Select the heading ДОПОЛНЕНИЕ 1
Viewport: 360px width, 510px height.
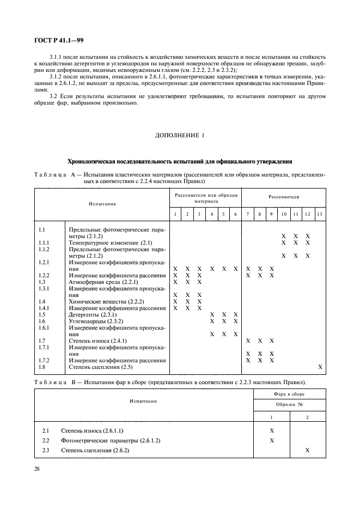[x=180, y=136]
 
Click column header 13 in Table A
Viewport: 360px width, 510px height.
[x=319, y=214]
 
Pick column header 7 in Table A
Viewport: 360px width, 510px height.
[x=248, y=214]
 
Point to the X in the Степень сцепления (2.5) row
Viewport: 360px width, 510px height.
[x=320, y=367]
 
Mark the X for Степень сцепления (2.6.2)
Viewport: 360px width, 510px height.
[x=308, y=450]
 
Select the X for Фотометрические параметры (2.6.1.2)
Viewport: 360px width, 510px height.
[x=272, y=440]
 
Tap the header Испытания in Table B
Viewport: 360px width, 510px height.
[x=144, y=400]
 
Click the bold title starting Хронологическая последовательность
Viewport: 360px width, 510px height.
[x=180, y=161]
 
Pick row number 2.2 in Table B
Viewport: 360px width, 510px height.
[x=46, y=440]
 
